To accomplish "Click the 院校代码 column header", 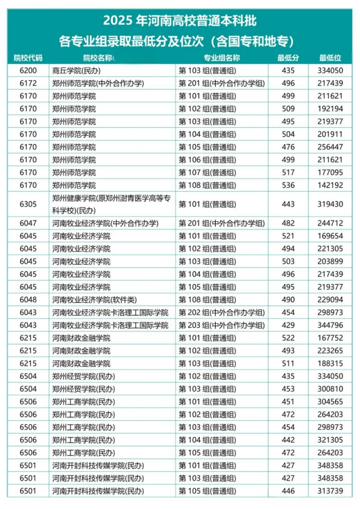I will click(x=28, y=58).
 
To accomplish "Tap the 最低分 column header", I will click(x=288, y=58).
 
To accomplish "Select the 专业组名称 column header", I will click(x=221, y=58).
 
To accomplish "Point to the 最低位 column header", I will click(x=330, y=58).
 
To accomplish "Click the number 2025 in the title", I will click(x=118, y=21).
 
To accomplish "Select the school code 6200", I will click(x=28, y=71).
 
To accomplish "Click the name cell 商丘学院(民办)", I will click(x=76, y=71).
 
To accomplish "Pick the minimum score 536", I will click(x=288, y=185).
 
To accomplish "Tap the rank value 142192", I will click(x=330, y=185).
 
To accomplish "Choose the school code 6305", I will click(x=28, y=204).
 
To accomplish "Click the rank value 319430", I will click(x=330, y=204).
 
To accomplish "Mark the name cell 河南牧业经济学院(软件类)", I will click(x=94, y=300).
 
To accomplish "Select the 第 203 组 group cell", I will click(x=221, y=325).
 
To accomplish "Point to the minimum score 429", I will click(x=288, y=325).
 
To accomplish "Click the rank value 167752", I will click(x=330, y=338).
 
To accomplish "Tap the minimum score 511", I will click(x=288, y=364).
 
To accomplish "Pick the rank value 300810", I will click(x=330, y=389).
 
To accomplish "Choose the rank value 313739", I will click(x=330, y=491).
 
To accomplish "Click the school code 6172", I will click(x=28, y=83).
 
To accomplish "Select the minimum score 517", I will click(x=288, y=173).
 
